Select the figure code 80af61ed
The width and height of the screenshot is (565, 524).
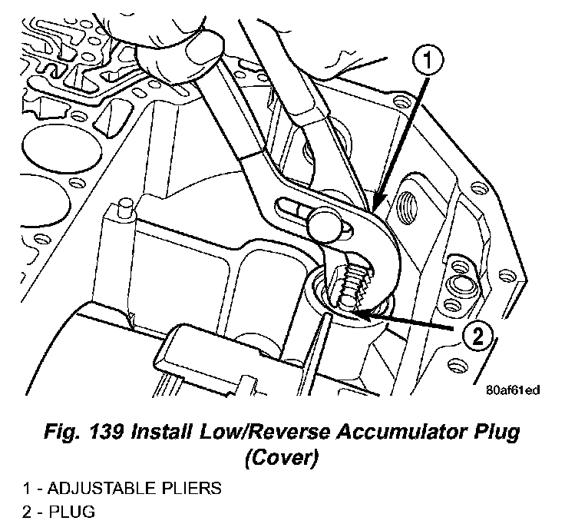(x=513, y=390)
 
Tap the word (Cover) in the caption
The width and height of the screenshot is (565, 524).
(x=282, y=459)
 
